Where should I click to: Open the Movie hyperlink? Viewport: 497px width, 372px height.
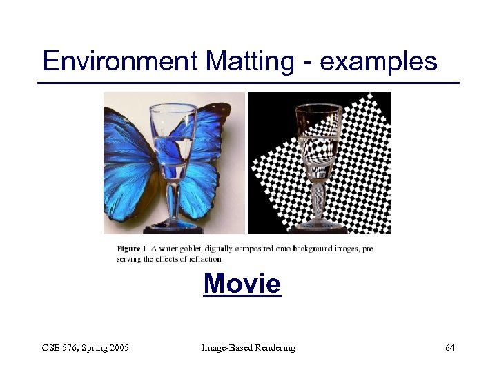pos(242,284)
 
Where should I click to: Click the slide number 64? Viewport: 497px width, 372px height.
pos(449,348)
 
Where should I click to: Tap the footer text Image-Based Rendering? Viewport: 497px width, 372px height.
pos(248,348)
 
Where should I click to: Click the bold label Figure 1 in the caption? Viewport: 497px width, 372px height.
pos(131,248)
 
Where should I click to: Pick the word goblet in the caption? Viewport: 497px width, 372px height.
pos(187,249)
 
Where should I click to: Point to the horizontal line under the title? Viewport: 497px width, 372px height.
pos(248,83)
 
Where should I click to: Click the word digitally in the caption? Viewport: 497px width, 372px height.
pos(217,249)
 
